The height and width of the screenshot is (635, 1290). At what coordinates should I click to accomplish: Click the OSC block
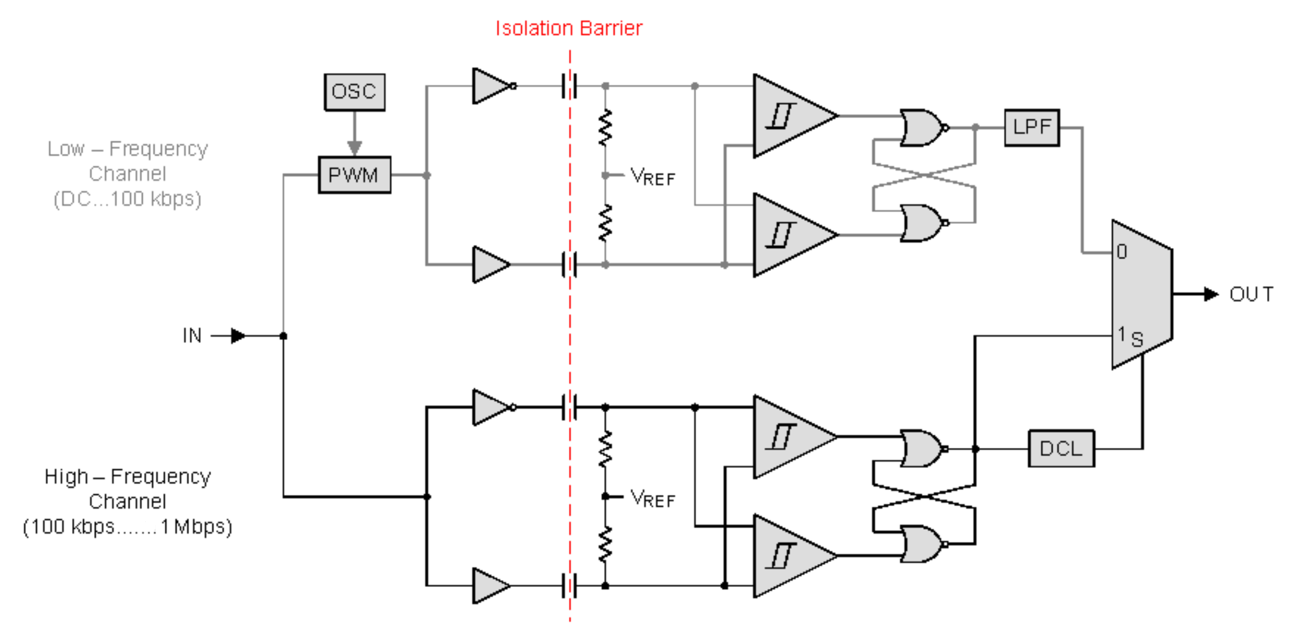coord(354,92)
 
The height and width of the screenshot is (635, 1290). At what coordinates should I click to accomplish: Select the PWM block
coord(354,175)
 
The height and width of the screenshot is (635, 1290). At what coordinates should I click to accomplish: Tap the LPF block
coord(1031,127)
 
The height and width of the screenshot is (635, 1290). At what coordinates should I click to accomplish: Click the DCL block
coord(1060,448)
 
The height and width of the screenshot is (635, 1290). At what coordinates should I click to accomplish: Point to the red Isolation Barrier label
coord(568,29)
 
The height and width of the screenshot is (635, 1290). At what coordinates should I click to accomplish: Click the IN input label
coord(192,335)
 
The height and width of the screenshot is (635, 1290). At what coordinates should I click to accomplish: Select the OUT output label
coord(1250,294)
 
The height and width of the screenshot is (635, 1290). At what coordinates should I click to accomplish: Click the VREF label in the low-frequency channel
coord(652,177)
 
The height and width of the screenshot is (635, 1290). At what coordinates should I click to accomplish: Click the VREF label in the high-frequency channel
coord(652,498)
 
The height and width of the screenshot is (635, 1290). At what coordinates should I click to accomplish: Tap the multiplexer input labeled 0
coord(1122,251)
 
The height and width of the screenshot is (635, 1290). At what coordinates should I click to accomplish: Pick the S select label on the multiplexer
coord(1137,340)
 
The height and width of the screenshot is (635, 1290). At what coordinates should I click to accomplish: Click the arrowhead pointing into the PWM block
coord(355,148)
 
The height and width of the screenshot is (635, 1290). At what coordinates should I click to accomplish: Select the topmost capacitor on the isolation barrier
coord(569,86)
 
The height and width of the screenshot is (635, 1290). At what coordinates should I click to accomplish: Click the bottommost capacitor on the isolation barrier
coord(569,586)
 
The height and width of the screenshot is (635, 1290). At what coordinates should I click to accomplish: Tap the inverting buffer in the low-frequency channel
coord(492,86)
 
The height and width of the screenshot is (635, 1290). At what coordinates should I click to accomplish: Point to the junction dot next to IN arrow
coord(283,335)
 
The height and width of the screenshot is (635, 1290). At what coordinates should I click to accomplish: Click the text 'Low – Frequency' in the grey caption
coord(127,149)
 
